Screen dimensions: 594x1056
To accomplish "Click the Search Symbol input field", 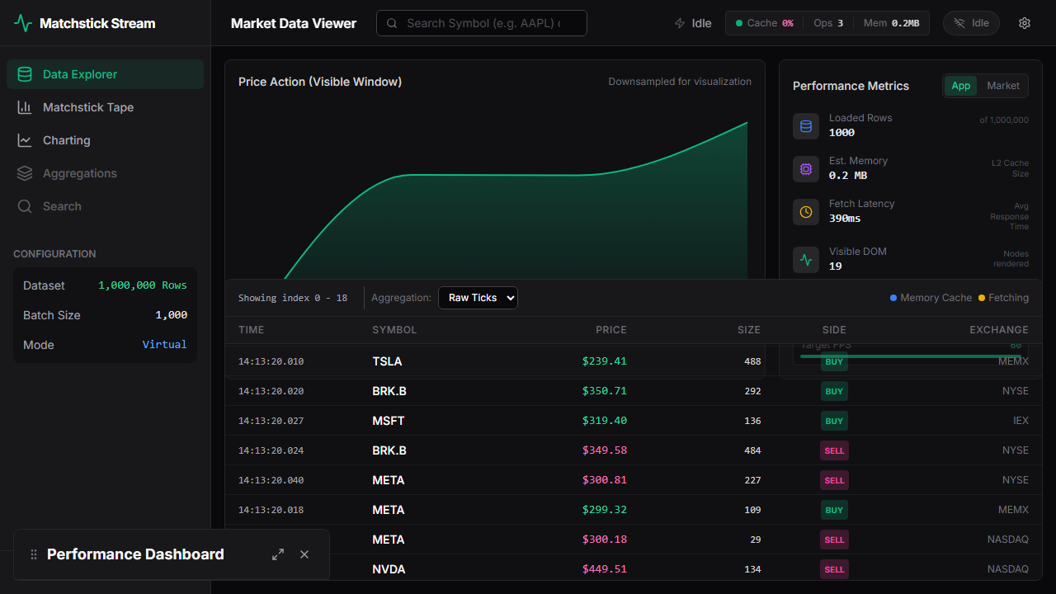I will [x=483, y=23].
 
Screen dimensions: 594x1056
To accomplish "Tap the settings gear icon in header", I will [x=1025, y=23].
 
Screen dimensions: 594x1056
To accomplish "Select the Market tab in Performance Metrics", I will [x=1002, y=86].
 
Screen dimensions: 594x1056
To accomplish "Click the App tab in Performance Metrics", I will [x=961, y=86].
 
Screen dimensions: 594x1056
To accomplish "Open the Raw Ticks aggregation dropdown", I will [x=478, y=298].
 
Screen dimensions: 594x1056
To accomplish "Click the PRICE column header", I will [x=610, y=330].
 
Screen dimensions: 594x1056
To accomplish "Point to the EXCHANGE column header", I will [x=998, y=330].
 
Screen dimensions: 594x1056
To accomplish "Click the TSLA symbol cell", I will [x=387, y=361].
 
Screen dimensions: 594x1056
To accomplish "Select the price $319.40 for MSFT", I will [x=604, y=421].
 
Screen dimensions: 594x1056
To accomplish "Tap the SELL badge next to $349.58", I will [x=834, y=450].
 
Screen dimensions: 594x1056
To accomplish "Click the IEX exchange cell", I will [x=1021, y=421].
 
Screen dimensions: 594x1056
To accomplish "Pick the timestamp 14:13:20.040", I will [x=271, y=480].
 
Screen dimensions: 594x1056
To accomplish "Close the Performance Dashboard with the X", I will [x=304, y=554].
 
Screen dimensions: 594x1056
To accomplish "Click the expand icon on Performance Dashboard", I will [x=278, y=554].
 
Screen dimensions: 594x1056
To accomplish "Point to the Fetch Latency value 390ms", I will [x=845, y=219].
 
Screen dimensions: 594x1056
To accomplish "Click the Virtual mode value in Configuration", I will [x=164, y=345].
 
